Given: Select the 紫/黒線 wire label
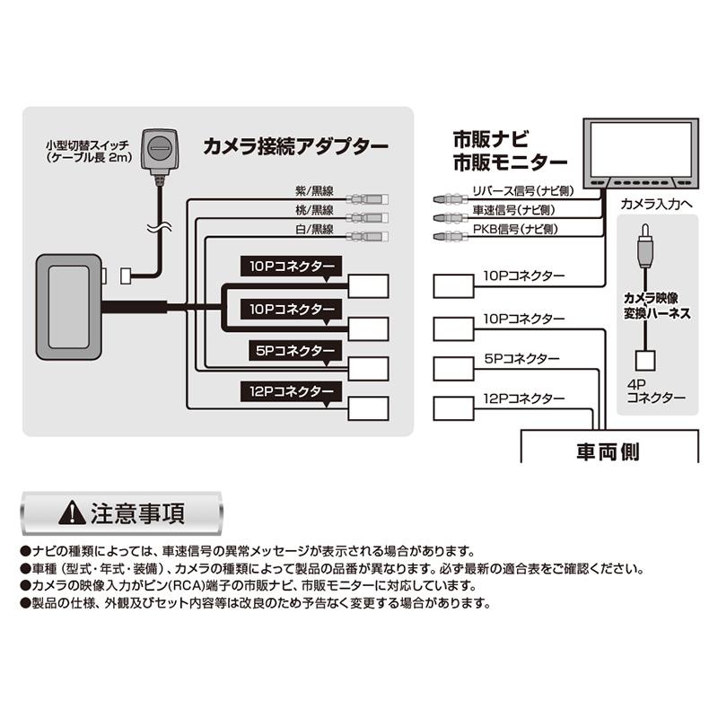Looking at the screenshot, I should coord(313,192).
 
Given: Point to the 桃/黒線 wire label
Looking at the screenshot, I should coord(313,209).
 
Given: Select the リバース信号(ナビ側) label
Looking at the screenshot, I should coord(523,191).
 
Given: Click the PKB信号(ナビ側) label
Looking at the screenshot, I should coord(516,231).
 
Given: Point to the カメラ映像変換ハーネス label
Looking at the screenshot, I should coord(656,304).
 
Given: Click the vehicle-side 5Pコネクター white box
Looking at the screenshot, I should coord(453,368).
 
